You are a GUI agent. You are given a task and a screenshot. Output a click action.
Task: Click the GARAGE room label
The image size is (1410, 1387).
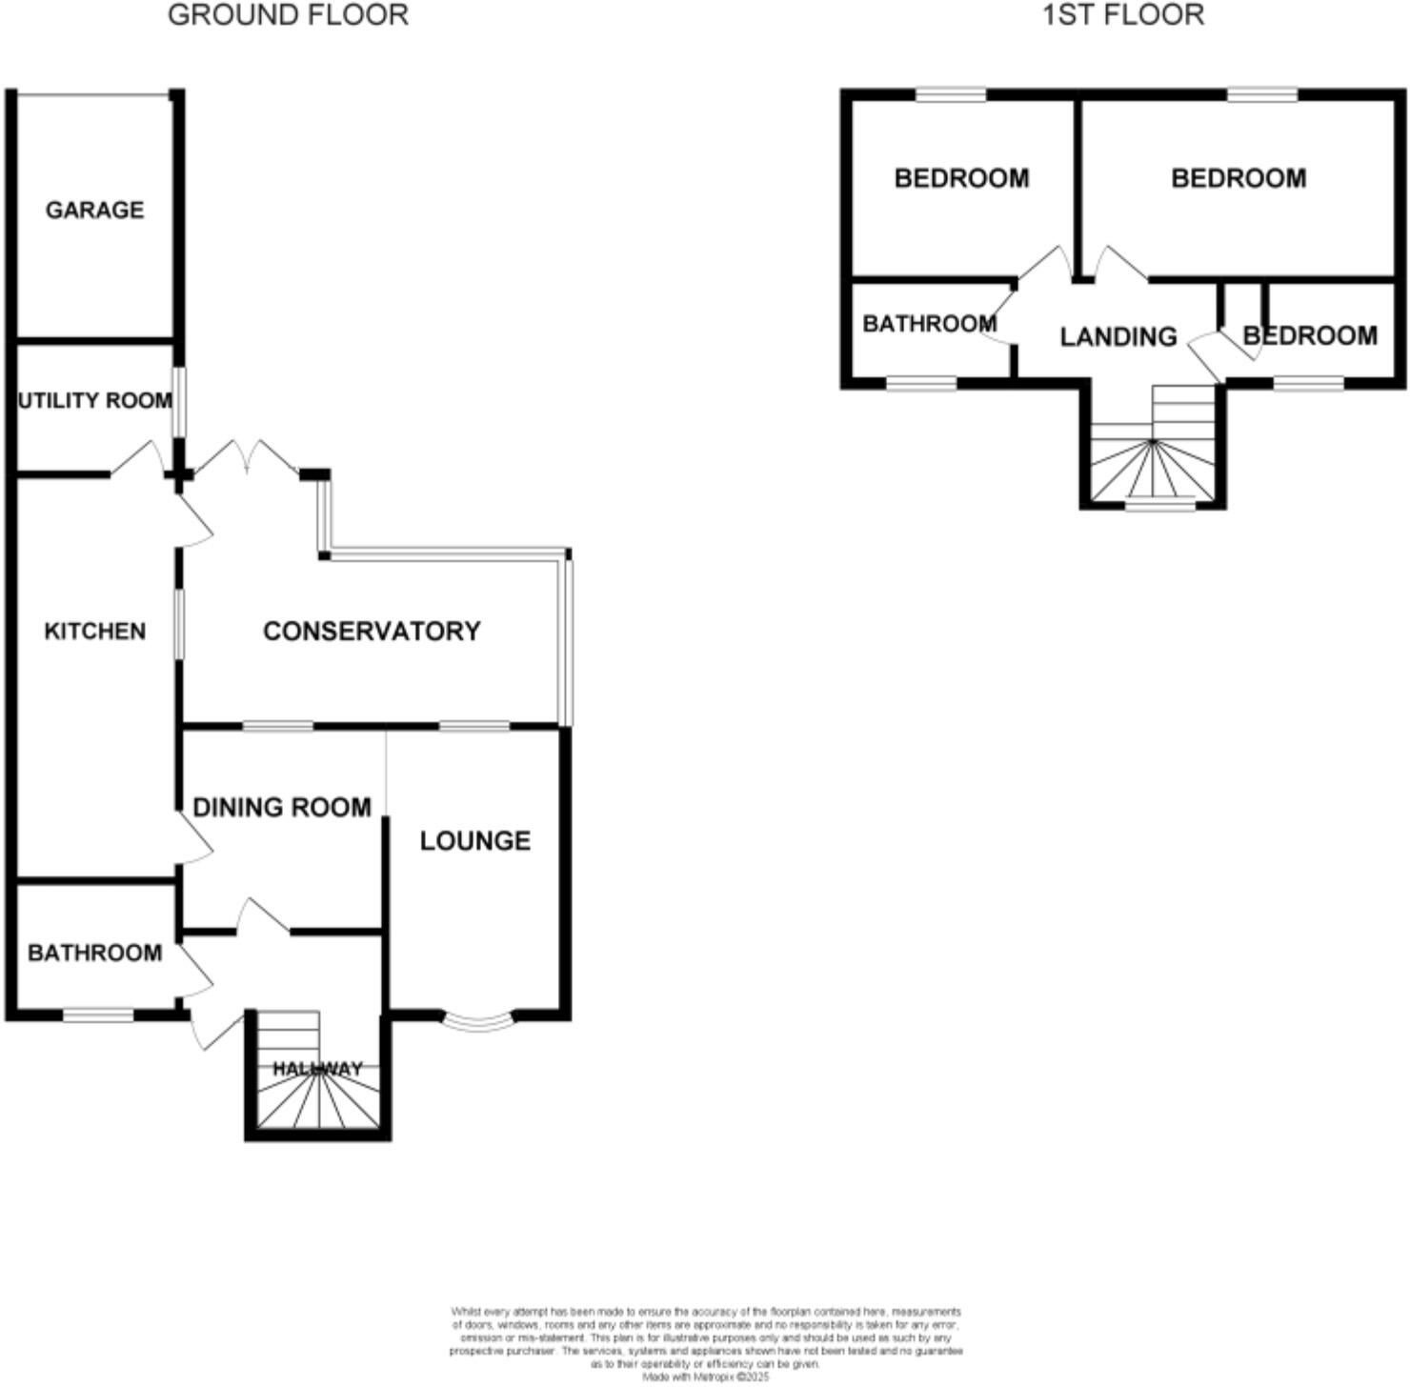point(94,210)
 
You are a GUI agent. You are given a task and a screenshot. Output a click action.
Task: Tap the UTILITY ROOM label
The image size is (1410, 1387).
point(95,401)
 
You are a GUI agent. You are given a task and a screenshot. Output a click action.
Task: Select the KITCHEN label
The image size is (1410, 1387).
point(95,631)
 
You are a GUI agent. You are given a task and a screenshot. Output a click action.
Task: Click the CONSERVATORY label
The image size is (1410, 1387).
point(372,631)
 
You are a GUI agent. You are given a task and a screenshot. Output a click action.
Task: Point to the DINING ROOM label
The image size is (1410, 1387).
point(282,808)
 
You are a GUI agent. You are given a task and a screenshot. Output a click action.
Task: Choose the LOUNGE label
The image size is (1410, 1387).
point(475,840)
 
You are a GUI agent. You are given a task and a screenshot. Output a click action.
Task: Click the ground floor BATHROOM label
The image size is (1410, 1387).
point(94,953)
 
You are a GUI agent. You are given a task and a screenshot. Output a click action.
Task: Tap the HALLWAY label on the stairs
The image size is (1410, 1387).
point(318,1069)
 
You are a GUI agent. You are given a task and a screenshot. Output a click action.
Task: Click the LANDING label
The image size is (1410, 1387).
point(1118,336)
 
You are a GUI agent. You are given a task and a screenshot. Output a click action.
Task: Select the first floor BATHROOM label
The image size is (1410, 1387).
point(929,324)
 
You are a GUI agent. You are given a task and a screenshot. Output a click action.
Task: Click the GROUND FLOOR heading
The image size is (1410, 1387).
point(288,15)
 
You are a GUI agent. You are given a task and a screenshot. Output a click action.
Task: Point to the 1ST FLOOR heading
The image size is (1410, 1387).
point(1123,15)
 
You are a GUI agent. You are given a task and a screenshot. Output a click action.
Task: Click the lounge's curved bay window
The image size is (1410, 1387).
point(479,1022)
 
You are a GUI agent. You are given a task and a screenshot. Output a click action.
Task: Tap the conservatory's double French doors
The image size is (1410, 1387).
point(248,459)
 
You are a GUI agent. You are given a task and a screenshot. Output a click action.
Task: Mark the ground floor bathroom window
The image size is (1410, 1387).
point(98,1015)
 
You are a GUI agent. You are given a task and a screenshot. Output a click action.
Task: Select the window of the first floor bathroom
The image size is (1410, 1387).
point(921,383)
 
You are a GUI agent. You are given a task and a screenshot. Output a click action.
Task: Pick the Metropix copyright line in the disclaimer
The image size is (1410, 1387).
point(706,1377)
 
